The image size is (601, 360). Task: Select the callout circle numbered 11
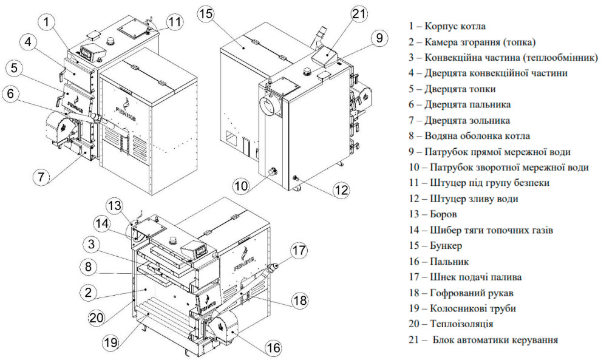174,22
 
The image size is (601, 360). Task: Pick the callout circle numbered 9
379,38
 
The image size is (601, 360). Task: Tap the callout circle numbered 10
242,186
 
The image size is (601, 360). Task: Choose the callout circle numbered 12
341,190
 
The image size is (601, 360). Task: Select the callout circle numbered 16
273,348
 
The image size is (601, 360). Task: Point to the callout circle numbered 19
110,342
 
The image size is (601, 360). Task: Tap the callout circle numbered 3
90,244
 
